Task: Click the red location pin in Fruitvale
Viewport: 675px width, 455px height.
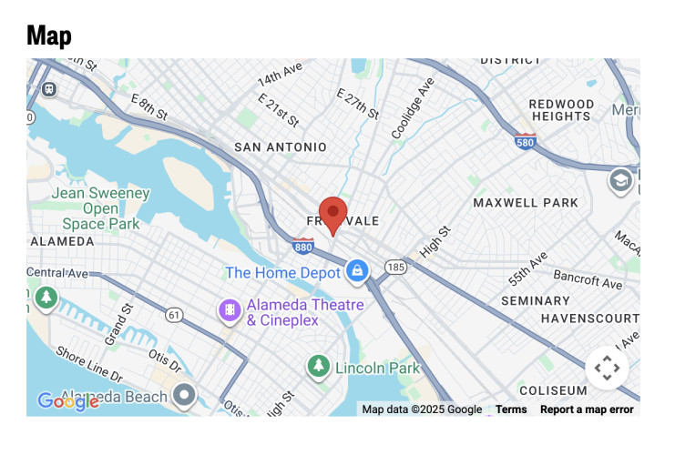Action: pos(332,213)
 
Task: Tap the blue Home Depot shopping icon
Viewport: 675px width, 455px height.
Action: pos(356,270)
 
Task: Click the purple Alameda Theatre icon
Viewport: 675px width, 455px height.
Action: pos(230,311)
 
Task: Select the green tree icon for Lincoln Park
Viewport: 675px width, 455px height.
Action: pos(318,366)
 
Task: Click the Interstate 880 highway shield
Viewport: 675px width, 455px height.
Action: pos(304,247)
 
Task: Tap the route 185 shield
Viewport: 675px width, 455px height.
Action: pos(394,268)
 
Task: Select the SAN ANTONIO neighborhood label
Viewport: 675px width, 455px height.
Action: pos(280,147)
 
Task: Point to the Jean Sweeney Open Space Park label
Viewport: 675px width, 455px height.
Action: pos(100,207)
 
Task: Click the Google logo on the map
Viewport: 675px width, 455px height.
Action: pos(67,400)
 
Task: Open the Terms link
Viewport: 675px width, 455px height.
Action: pos(511,409)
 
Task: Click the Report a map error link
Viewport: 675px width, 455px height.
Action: pos(587,409)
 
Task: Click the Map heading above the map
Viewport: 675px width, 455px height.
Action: pos(49,35)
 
